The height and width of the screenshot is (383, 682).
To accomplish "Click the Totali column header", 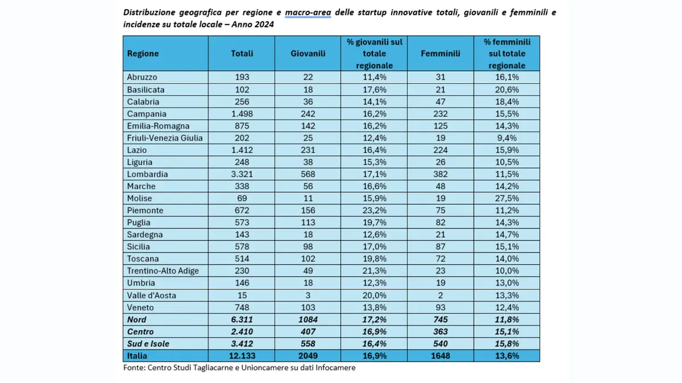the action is [x=242, y=53].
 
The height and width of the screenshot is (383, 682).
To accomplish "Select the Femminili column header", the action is [x=440, y=53].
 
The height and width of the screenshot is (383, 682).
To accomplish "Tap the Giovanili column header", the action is [x=308, y=53].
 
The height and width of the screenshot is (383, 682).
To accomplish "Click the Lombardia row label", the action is [x=147, y=174].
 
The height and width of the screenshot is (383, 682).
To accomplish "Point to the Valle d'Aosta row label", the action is [x=151, y=295].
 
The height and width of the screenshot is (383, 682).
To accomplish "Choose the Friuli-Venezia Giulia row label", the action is [x=165, y=138].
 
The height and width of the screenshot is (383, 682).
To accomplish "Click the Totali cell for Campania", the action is [x=242, y=113].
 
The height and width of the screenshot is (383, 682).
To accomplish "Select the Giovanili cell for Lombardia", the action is [x=308, y=174].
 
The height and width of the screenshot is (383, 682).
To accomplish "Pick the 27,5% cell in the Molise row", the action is [x=506, y=198].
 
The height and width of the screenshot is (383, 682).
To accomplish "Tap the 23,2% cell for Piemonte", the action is [x=374, y=211].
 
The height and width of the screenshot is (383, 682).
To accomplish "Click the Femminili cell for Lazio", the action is [x=440, y=150].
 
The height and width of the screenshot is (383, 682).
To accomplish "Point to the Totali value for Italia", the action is [x=242, y=356].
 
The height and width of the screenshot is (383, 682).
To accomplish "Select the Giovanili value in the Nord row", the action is [x=308, y=319].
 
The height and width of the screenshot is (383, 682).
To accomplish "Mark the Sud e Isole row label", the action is [x=148, y=343].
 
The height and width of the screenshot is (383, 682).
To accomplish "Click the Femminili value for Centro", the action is [x=440, y=331].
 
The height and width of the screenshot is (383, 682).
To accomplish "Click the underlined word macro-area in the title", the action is [x=308, y=12].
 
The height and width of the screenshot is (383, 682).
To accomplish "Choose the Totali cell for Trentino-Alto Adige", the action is [x=242, y=271].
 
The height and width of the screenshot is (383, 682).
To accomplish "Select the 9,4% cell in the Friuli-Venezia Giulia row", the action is [x=506, y=138].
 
